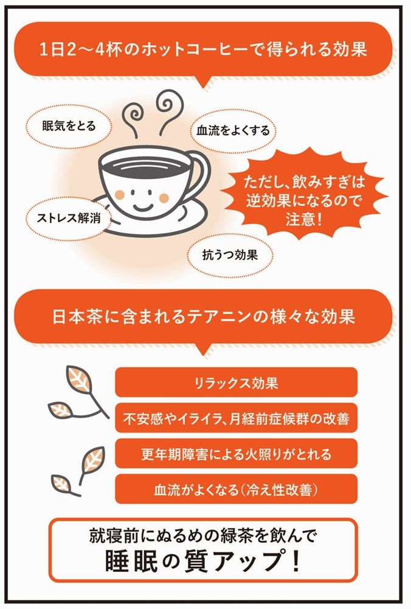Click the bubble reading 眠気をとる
point(69,126)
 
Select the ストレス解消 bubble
point(69,218)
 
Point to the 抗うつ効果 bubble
point(230,255)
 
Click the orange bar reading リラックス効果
point(236,382)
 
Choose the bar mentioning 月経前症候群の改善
point(236,418)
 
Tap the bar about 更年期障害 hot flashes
point(236,454)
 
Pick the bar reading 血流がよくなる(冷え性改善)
point(236,490)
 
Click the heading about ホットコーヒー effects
point(203,50)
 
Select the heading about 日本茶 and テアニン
point(203,317)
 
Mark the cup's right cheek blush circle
point(164,198)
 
